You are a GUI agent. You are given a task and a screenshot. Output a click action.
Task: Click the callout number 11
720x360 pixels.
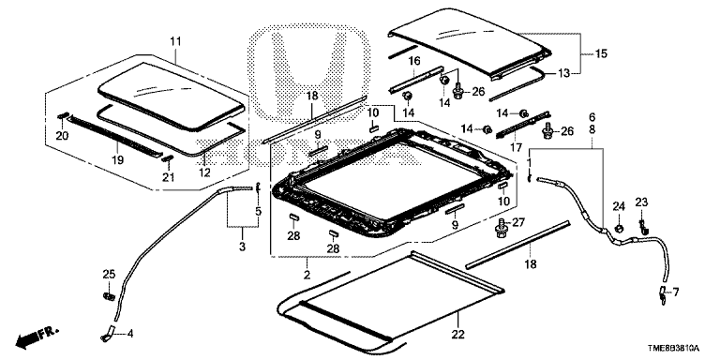click(x=175, y=42)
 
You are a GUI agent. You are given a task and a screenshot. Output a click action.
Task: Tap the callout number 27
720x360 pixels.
click(x=517, y=223)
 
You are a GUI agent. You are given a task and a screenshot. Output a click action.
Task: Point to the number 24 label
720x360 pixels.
click(x=619, y=206)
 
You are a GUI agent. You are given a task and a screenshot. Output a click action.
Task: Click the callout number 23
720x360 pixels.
click(x=642, y=202)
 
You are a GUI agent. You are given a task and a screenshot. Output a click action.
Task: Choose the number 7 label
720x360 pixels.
click(x=676, y=292)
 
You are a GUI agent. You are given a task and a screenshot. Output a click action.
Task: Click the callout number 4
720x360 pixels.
click(x=130, y=334)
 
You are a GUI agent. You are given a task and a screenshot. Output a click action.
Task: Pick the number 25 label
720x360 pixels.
click(x=109, y=275)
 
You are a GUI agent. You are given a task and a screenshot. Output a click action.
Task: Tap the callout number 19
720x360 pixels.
click(x=117, y=160)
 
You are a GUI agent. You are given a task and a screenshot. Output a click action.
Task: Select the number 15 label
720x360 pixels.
click(x=601, y=54)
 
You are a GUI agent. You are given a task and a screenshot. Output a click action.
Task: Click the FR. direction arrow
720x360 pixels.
click(x=37, y=337)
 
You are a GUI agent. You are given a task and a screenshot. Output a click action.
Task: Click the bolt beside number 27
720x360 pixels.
click(x=502, y=228)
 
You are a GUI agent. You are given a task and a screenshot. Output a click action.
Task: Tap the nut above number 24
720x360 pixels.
click(x=619, y=228)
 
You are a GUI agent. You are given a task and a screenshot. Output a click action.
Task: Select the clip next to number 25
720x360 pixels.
click(x=109, y=296)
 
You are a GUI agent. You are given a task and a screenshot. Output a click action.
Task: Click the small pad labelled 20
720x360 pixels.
click(x=64, y=117)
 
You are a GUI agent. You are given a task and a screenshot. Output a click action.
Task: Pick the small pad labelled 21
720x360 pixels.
click(x=168, y=158)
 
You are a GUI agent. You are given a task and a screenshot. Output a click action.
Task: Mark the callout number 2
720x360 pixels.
click(x=307, y=276)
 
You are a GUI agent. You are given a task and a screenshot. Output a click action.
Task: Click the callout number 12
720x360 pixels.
click(x=204, y=173)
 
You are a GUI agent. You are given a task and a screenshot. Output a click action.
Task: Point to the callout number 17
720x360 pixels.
click(x=517, y=148)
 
